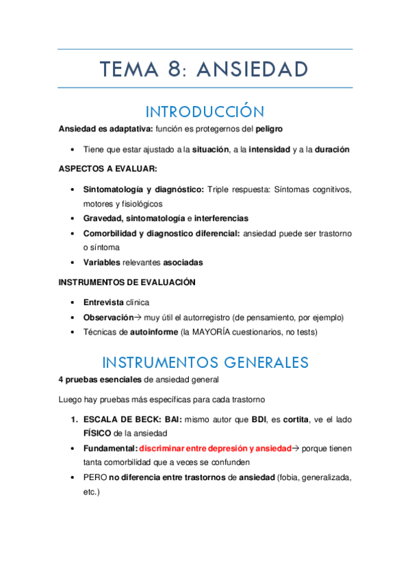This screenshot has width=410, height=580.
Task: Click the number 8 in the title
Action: coord(173,69)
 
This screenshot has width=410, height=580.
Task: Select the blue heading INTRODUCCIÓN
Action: coord(205,111)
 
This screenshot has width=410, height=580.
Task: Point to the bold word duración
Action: coord(332,149)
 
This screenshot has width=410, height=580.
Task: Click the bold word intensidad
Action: coord(269,149)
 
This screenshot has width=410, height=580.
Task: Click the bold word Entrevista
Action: coord(104,302)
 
